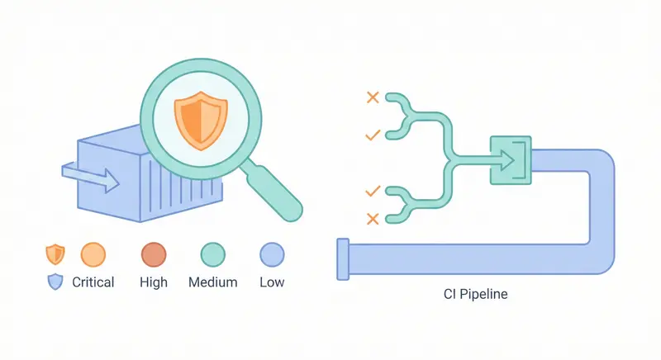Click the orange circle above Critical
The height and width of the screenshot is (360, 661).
[93, 254]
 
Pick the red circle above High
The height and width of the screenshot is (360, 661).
[154, 254]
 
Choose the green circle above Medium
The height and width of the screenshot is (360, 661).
[213, 254]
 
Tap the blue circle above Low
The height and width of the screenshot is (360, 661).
[272, 254]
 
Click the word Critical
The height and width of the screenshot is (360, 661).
[93, 282]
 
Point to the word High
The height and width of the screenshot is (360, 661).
[154, 282]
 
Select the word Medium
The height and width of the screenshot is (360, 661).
[213, 282]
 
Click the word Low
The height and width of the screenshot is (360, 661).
[272, 282]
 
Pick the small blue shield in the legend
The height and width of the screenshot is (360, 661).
[55, 282]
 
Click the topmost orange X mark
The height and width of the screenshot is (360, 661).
[373, 97]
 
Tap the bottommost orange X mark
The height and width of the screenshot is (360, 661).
[373, 219]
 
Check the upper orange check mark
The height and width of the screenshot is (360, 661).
[373, 133]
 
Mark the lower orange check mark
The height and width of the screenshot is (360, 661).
[373, 191]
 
